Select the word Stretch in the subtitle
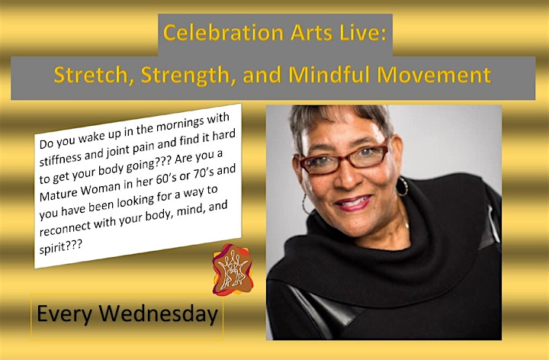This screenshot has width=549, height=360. (x=94, y=75)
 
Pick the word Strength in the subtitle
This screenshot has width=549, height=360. (x=188, y=76)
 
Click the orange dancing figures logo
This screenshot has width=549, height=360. (x=233, y=269)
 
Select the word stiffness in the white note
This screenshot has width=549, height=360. (x=60, y=159)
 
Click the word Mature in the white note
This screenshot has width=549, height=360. (x=59, y=194)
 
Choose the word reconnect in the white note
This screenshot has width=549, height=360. (x=65, y=227)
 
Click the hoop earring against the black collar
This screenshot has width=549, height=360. (x=403, y=187)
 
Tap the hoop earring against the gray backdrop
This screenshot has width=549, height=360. (x=306, y=203)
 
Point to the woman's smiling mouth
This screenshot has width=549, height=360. (x=353, y=202)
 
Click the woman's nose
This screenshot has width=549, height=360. (x=347, y=177)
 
